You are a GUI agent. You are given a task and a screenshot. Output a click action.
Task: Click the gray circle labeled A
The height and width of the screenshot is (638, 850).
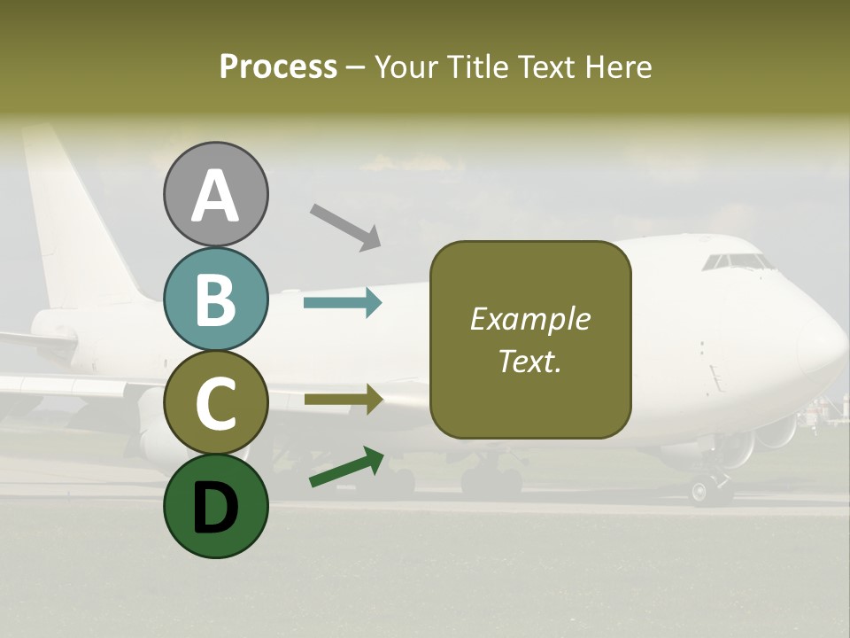click(215, 195)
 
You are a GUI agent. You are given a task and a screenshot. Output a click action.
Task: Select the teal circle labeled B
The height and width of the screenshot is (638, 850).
click(215, 300)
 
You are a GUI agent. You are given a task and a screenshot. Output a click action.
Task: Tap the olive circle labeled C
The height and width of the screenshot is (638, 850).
click(215, 403)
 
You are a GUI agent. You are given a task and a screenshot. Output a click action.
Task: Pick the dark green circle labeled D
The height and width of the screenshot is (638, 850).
click(215, 506)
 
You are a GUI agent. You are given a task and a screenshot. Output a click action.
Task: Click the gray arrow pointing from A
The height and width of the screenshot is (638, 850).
click(345, 225)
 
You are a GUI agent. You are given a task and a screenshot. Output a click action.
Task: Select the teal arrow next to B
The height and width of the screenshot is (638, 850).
click(343, 303)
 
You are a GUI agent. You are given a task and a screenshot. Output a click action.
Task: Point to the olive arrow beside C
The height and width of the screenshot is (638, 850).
click(343, 400)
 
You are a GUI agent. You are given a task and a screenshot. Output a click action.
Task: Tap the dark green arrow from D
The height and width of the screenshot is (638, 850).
click(346, 467)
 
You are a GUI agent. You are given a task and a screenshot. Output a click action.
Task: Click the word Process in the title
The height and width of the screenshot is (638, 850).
click(278, 66)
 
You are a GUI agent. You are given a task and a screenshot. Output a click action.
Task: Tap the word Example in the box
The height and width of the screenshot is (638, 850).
click(529, 319)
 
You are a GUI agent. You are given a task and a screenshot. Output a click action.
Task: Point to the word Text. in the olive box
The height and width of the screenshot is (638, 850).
click(529, 361)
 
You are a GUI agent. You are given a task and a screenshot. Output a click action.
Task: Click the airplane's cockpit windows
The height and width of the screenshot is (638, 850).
click(737, 261)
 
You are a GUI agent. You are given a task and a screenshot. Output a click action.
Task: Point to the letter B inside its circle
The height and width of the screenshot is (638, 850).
click(215, 300)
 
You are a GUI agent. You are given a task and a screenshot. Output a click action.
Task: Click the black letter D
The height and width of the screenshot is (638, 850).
click(215, 506)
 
